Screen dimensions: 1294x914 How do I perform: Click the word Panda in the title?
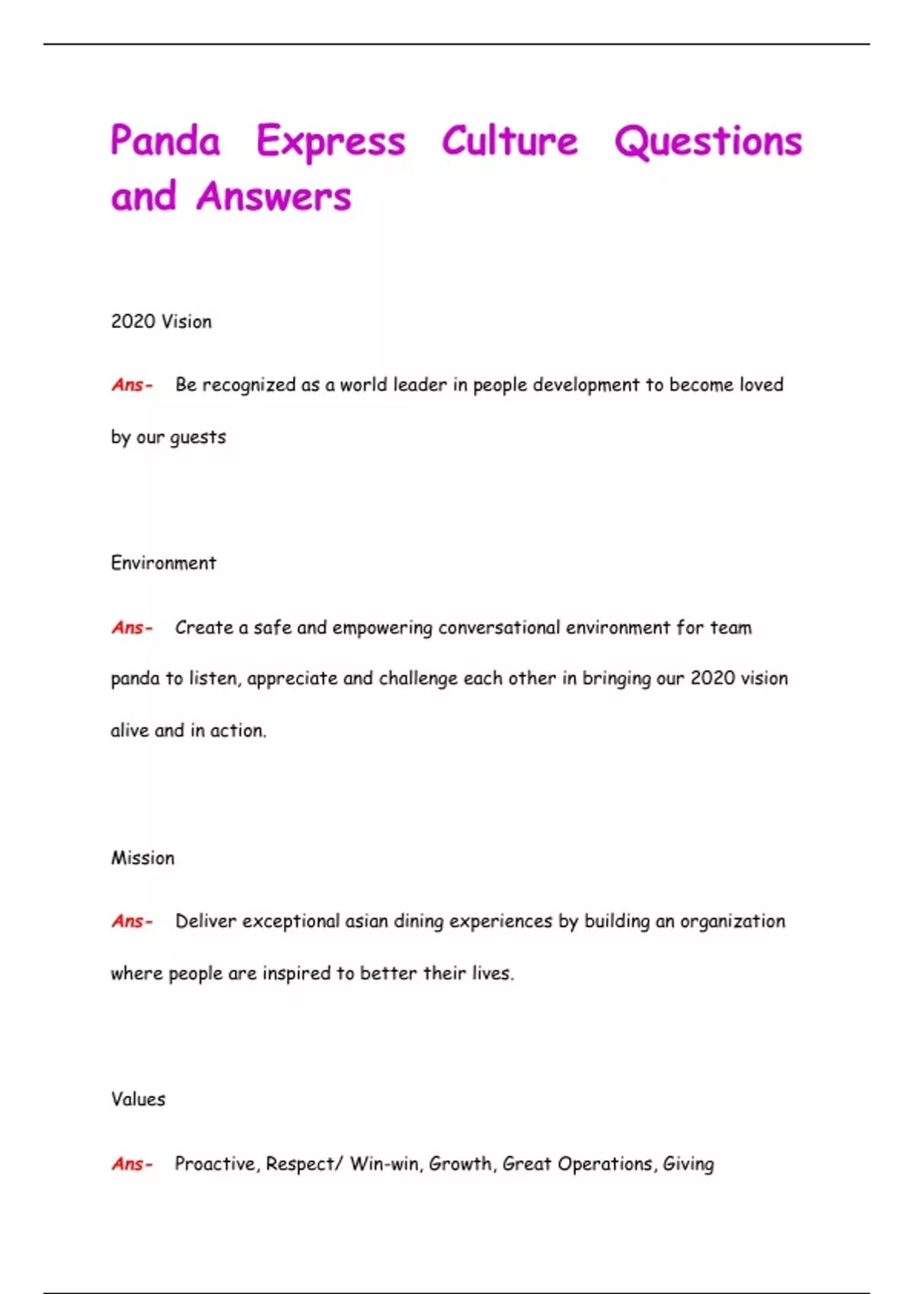(x=165, y=141)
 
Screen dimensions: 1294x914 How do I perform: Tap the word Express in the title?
(x=331, y=142)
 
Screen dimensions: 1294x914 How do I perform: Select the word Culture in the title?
(x=510, y=141)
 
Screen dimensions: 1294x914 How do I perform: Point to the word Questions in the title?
(x=708, y=142)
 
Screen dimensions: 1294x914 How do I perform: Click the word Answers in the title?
(x=273, y=196)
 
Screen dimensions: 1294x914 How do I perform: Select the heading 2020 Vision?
(x=161, y=321)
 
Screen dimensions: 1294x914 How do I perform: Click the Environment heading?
(x=164, y=563)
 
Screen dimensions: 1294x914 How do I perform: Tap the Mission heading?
(x=143, y=858)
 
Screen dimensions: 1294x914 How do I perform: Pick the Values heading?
(x=138, y=1099)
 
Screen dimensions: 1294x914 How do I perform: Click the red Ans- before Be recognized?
(x=132, y=385)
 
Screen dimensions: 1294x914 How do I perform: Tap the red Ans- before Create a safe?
(x=132, y=628)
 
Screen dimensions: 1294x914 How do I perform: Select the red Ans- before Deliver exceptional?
(x=132, y=922)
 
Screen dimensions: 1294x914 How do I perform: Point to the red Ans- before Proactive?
(x=132, y=1164)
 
